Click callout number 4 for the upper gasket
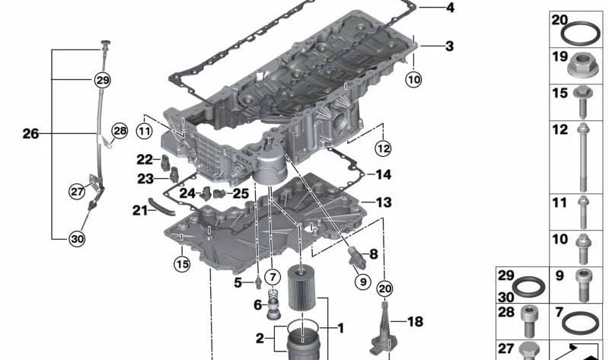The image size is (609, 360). click(x=449, y=8)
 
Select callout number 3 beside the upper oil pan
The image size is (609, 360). click(x=449, y=46)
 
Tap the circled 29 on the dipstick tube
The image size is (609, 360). click(x=102, y=79)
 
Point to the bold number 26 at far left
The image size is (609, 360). click(x=30, y=134)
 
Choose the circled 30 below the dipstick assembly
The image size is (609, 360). click(x=77, y=239)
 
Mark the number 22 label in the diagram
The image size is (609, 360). click(x=145, y=159)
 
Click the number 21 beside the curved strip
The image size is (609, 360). click(x=139, y=210)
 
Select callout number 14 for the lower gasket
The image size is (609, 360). click(x=383, y=175)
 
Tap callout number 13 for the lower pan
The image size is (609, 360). click(x=383, y=202)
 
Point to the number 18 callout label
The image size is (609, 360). click(x=414, y=322)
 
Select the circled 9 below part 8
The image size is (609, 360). click(x=362, y=282)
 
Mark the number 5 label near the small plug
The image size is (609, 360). click(x=237, y=282)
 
